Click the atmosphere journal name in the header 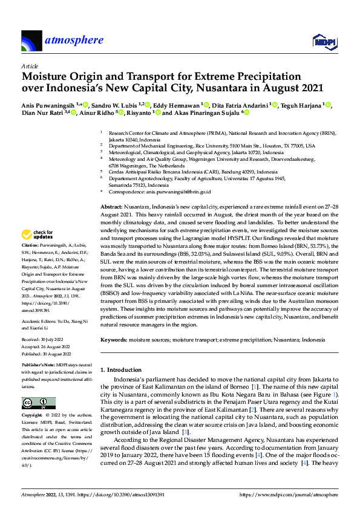click(73, 41)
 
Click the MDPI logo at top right click(324, 41)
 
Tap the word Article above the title click(29, 66)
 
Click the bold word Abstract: click(112, 207)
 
